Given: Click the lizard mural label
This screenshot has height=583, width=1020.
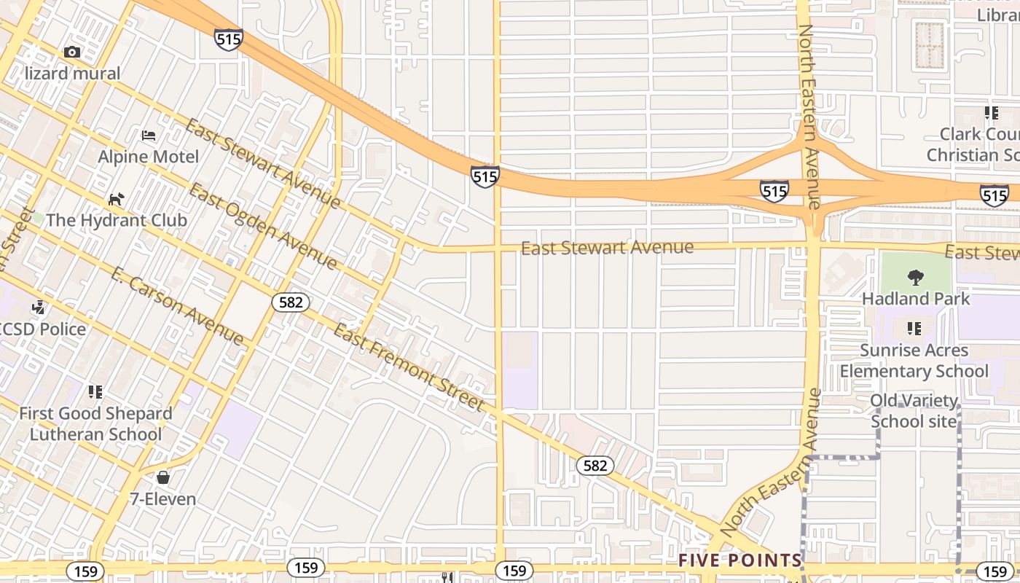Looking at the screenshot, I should tap(72, 73).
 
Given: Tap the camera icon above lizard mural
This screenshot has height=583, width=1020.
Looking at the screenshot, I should tap(71, 52).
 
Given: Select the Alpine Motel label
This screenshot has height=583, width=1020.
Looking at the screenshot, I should tap(149, 157).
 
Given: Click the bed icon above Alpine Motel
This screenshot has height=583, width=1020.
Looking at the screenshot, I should tap(149, 136).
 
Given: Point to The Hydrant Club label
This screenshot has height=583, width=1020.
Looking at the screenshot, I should tap(117, 220).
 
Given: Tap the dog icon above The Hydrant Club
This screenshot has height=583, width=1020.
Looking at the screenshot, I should tap(116, 199).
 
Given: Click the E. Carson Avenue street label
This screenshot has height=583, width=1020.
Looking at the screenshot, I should tap(178, 306).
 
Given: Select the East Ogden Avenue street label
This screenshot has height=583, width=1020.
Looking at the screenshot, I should tap(263, 227).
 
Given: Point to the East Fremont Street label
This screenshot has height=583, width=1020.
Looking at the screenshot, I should tap(409, 367).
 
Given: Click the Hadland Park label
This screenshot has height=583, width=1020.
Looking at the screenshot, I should tap(916, 299).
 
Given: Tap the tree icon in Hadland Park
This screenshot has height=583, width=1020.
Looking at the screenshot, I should tap(916, 278).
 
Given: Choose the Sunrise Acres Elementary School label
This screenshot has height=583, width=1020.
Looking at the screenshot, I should tap(914, 361).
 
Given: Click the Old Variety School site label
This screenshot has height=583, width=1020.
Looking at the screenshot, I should tap(914, 411).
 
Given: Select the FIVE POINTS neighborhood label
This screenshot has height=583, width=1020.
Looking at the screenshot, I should tap(740, 560).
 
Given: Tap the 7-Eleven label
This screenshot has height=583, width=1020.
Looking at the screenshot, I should tap(163, 499).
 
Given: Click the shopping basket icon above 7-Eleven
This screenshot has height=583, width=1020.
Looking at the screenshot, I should tap(163, 478).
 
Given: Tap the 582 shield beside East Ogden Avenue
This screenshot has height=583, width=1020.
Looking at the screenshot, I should tap(291, 302).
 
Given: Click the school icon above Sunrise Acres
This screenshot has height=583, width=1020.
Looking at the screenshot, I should tap(914, 329).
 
